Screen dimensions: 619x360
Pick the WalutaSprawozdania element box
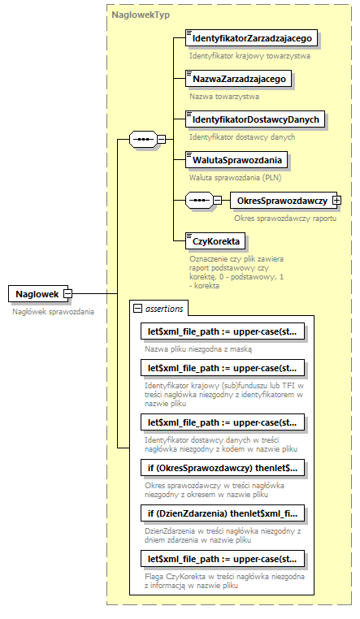tap(236, 159)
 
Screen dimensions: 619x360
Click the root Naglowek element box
tap(36, 293)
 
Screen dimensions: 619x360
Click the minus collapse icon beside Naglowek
tap(68, 293)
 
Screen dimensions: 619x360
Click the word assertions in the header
tap(164, 308)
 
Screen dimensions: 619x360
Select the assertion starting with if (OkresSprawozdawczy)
tap(223, 467)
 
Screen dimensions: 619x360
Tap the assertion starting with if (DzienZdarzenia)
tap(223, 513)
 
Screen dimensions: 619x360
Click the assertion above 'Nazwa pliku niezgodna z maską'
tap(223, 332)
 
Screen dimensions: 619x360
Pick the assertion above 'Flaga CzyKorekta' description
tap(223, 558)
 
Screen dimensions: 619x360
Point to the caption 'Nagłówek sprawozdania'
tap(53, 311)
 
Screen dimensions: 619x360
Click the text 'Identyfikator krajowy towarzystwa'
tap(249, 56)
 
